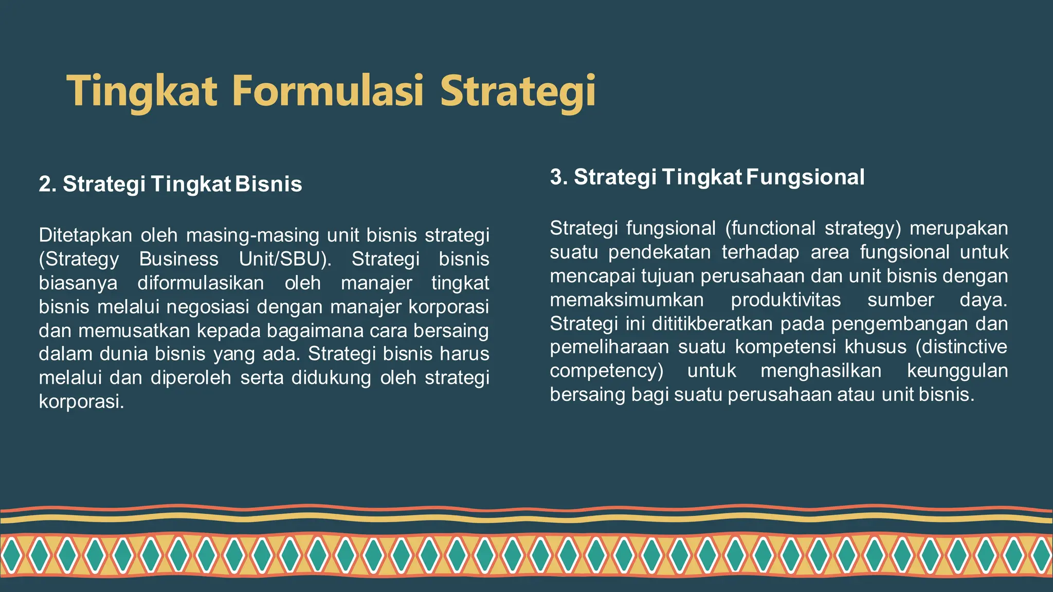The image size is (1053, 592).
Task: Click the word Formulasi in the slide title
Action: click(328, 90)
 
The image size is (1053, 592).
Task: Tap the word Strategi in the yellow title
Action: click(518, 91)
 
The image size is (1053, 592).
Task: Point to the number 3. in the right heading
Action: click(559, 177)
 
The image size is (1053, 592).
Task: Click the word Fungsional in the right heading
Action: click(805, 177)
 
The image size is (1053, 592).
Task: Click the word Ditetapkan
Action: click(85, 235)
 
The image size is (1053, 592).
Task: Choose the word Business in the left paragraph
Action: click(178, 259)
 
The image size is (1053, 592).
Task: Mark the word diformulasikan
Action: click(201, 283)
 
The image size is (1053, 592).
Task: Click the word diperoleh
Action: click(191, 378)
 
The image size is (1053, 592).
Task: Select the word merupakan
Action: click(959, 228)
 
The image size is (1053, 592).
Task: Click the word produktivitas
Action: click(786, 300)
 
